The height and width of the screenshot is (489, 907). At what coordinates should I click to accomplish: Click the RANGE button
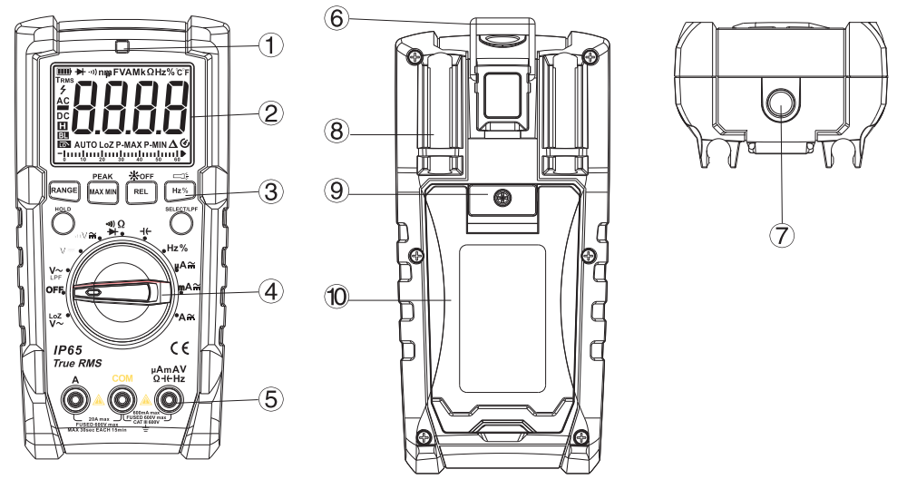[64, 191]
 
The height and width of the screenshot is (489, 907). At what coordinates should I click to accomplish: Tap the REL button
[140, 191]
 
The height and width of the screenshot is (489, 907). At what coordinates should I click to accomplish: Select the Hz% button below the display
[179, 191]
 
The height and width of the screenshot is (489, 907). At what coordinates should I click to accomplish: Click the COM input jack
[121, 399]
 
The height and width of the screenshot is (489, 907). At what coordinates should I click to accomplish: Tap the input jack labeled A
[75, 399]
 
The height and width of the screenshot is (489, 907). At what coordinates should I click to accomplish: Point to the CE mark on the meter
[179, 346]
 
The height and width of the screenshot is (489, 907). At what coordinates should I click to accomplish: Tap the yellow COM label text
[122, 377]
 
